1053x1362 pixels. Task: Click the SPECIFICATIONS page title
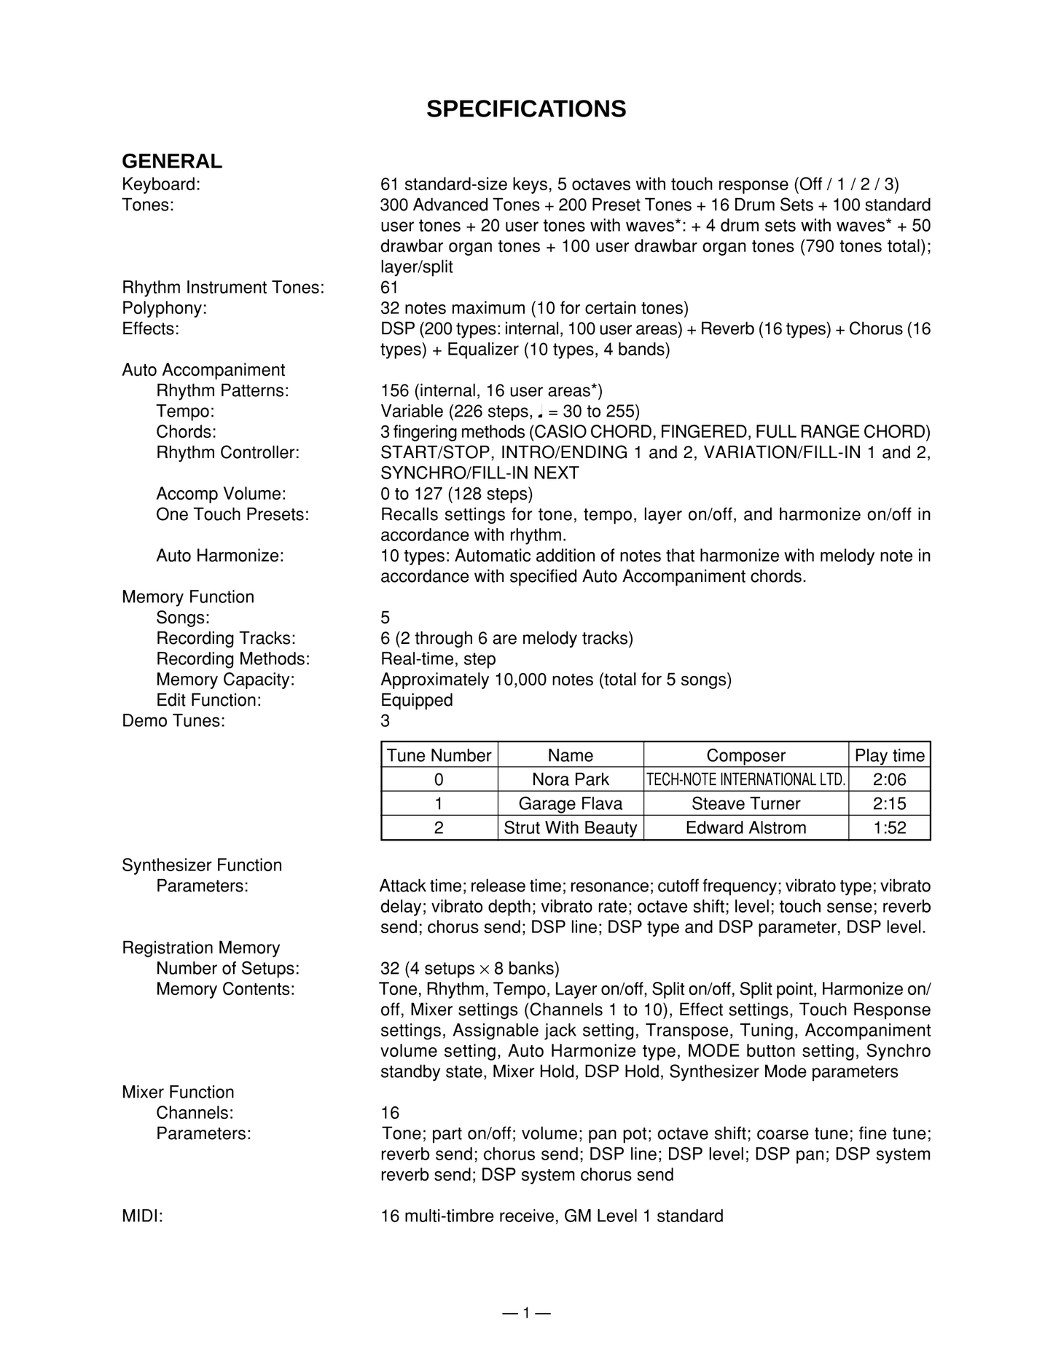pyautogui.click(x=525, y=109)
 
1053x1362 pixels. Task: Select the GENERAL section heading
pyautogui.click(x=172, y=161)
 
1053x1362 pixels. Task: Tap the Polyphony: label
pyautogui.click(x=164, y=308)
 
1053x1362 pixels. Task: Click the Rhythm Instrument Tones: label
pyautogui.click(x=223, y=288)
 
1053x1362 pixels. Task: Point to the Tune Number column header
pyautogui.click(x=439, y=755)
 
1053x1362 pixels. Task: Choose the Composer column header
pyautogui.click(x=745, y=755)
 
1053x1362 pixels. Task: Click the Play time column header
pyautogui.click(x=889, y=755)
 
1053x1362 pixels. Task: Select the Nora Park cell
pyautogui.click(x=570, y=779)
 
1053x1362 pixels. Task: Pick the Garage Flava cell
pyautogui.click(x=570, y=803)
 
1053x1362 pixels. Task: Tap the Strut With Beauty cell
pyautogui.click(x=570, y=827)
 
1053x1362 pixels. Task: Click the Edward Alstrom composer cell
pyautogui.click(x=745, y=827)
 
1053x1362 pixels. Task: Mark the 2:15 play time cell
pyautogui.click(x=889, y=803)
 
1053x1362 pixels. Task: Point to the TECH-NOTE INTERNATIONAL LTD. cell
pyautogui.click(x=745, y=779)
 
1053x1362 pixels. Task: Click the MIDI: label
pyautogui.click(x=142, y=1216)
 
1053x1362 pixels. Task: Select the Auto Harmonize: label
pyautogui.click(x=219, y=556)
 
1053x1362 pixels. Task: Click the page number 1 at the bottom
pyautogui.click(x=525, y=1313)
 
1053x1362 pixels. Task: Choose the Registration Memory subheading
pyautogui.click(x=200, y=948)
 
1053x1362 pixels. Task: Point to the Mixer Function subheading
pyautogui.click(x=178, y=1092)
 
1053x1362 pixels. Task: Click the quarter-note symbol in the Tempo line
pyautogui.click(x=539, y=412)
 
